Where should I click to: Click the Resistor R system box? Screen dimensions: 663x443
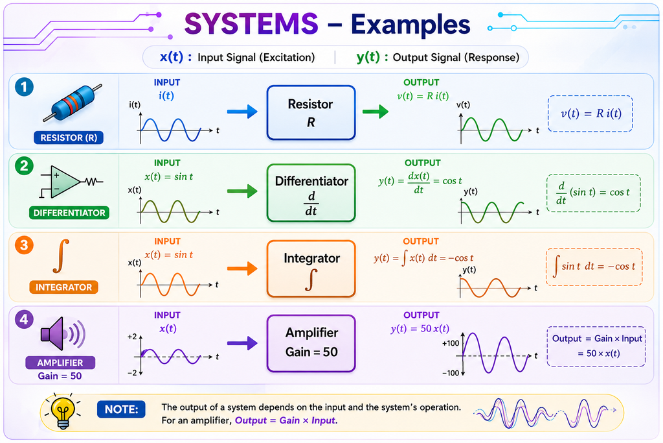coord(311,113)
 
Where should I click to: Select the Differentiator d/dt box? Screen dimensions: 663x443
coord(311,193)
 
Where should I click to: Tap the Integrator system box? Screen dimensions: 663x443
coord(311,269)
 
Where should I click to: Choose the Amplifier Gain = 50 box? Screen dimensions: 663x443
coord(311,344)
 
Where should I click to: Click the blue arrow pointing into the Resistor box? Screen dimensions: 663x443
coord(242,112)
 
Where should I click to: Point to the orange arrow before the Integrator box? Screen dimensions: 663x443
coord(242,269)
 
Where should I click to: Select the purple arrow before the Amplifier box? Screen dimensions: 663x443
coord(242,343)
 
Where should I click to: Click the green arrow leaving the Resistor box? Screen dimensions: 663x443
coord(376,112)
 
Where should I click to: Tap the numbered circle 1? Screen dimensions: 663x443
coord(24,87)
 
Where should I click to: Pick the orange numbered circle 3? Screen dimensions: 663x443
coord(24,245)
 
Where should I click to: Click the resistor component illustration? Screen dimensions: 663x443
coord(73,103)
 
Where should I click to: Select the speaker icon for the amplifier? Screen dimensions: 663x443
coord(63,334)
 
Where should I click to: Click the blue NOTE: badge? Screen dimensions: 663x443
coord(121,409)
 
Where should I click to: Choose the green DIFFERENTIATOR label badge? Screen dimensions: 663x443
coord(69,213)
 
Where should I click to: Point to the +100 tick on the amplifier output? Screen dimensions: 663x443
coord(451,343)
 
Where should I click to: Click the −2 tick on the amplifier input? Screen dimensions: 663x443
coord(132,373)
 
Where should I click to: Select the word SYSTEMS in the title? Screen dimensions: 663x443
coord(251,24)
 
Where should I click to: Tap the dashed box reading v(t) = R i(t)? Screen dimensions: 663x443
coord(590,114)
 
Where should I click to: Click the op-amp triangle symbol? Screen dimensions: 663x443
coord(64,182)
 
